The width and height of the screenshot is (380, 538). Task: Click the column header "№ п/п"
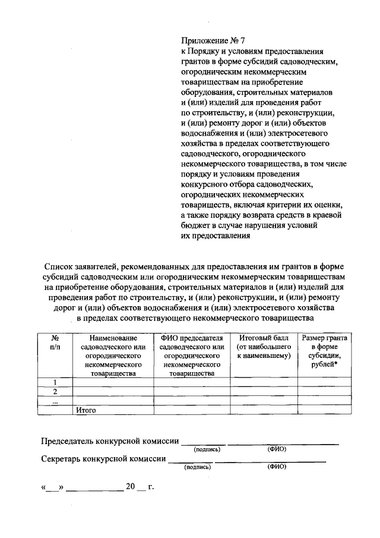point(55,342)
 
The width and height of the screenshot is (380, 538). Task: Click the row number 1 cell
point(55,382)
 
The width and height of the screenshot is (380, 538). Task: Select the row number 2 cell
point(55,391)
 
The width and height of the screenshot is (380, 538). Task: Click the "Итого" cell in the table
point(86,410)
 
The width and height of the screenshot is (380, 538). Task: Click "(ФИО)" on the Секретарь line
point(277,467)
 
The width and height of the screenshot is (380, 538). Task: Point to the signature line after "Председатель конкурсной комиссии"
point(203,443)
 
